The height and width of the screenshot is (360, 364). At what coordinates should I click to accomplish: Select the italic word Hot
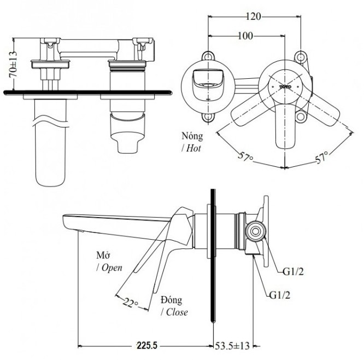[193, 148]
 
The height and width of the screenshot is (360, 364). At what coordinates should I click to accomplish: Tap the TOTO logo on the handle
[286, 86]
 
